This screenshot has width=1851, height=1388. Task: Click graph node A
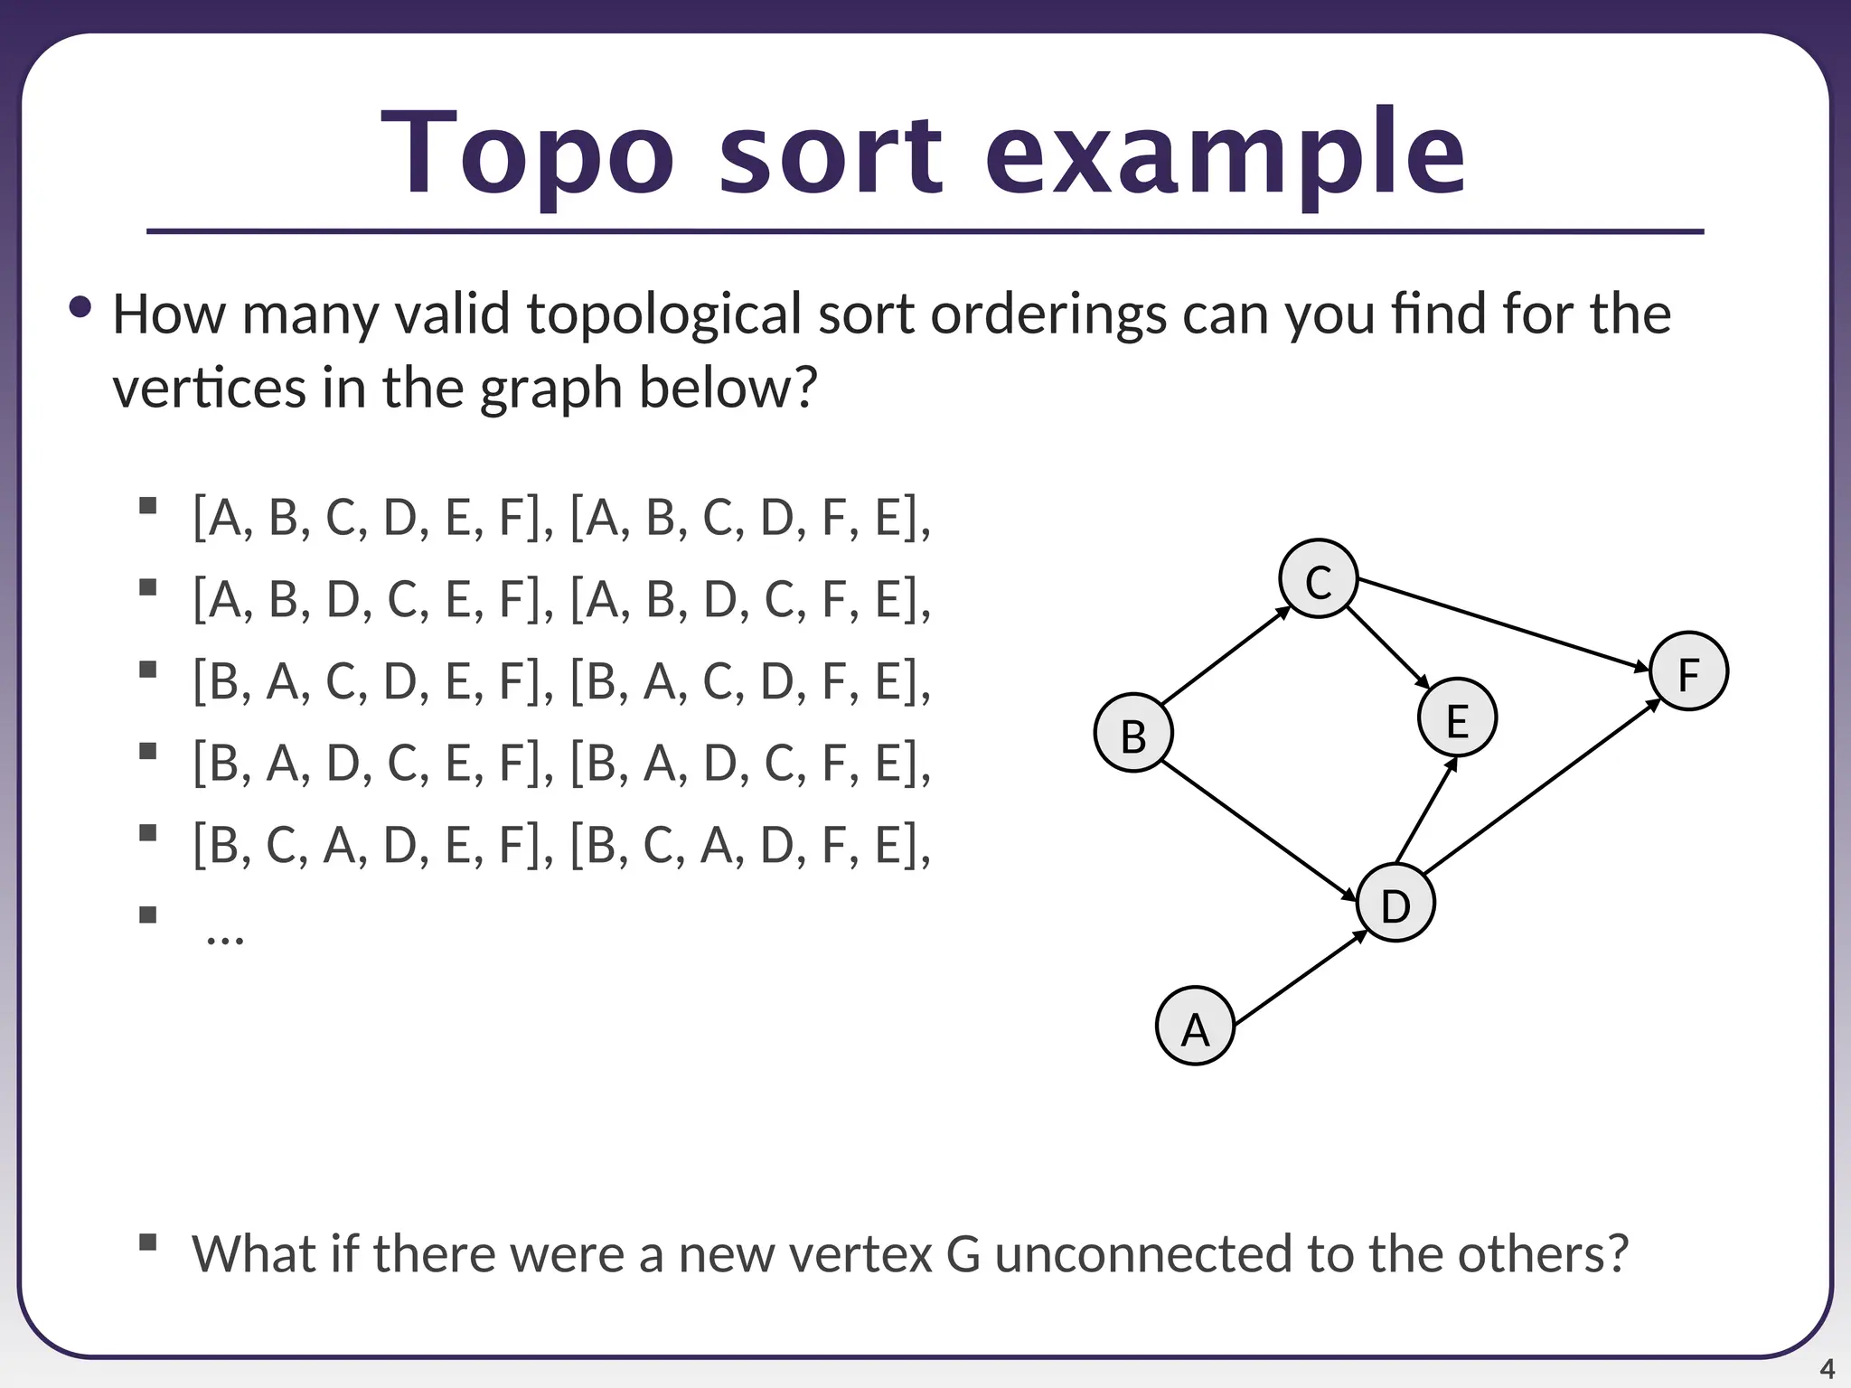click(1195, 1026)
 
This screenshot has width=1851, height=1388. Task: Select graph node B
click(1133, 733)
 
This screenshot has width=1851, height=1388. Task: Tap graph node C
click(1319, 579)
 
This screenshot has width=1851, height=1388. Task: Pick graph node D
click(1395, 903)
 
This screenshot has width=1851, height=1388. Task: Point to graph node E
click(1457, 718)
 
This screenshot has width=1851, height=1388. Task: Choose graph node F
click(1688, 671)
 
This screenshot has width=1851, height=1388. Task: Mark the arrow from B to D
click(1258, 831)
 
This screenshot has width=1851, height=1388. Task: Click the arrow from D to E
click(1426, 811)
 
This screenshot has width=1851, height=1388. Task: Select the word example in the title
click(1224, 154)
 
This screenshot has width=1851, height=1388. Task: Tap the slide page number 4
click(1827, 1369)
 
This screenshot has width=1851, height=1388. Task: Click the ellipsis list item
click(224, 935)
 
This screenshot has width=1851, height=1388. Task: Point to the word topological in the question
click(664, 314)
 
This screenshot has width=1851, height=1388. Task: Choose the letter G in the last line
click(963, 1254)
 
